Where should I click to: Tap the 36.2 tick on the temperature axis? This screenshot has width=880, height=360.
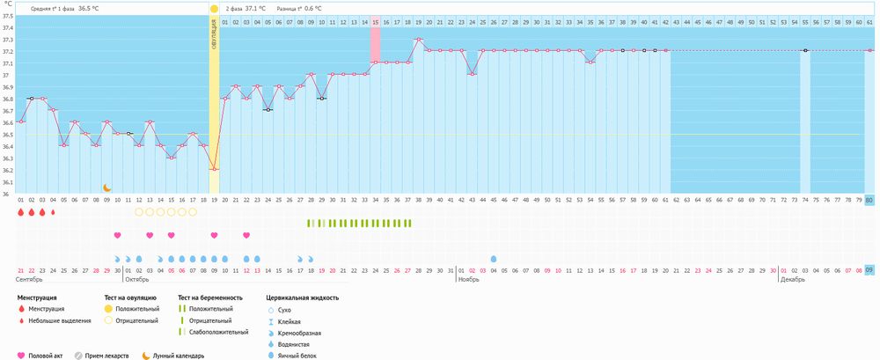(8, 170)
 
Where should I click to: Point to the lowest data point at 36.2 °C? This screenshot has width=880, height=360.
(214, 169)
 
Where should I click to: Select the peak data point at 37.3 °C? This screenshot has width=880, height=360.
(419, 39)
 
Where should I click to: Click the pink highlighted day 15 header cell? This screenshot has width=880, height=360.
(376, 21)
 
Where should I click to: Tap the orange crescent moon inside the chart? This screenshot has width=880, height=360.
(106, 187)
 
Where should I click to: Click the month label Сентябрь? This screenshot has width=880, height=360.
(30, 280)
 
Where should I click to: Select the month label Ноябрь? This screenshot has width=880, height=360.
(469, 280)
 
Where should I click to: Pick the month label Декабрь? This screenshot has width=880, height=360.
(795, 280)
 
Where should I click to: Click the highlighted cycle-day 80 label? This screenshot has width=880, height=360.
(869, 201)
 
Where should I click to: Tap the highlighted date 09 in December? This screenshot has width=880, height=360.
(869, 269)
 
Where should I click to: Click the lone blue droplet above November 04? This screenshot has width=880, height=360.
(493, 259)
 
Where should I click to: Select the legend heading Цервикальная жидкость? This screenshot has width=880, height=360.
(302, 298)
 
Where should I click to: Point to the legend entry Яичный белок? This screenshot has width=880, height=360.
(296, 356)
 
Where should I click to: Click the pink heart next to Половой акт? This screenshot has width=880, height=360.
(22, 356)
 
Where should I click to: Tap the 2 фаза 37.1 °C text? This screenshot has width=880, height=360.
(246, 8)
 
